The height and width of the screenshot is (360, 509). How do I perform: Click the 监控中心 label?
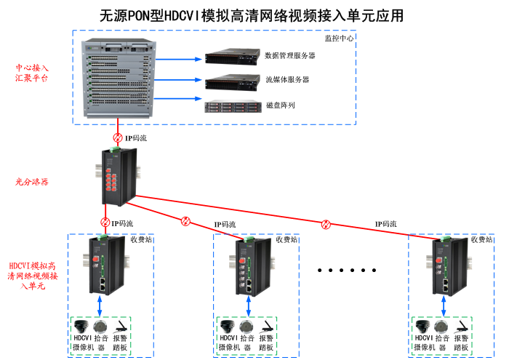pyautogui.click(x=339, y=38)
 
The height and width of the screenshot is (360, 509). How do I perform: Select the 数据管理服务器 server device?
pyautogui.click(x=231, y=56)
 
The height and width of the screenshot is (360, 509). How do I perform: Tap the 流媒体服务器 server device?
pyautogui.click(x=231, y=80)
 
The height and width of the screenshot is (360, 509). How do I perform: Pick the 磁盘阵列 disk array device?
pyautogui.click(x=232, y=106)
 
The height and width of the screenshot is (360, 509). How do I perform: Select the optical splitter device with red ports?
pyautogui.click(x=118, y=177)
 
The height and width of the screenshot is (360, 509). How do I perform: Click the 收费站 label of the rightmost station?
pyautogui.click(x=481, y=239)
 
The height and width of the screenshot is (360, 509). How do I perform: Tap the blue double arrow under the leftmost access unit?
pyautogui.click(x=100, y=301)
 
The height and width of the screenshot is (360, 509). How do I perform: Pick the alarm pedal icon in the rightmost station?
pyautogui.click(x=460, y=325)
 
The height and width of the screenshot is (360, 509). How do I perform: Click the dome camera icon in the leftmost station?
pyautogui.click(x=81, y=325)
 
